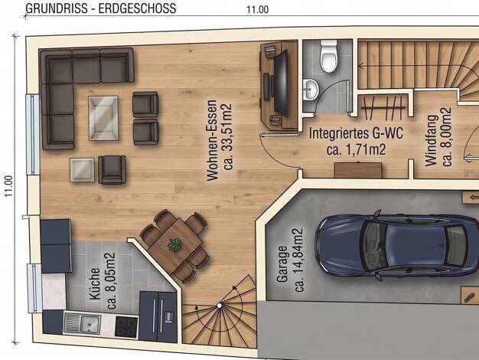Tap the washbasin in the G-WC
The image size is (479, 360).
(x=311, y=90)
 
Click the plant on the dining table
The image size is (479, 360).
(x=174, y=244)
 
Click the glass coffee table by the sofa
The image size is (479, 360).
(x=103, y=118)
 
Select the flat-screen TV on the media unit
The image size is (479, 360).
(x=281, y=83)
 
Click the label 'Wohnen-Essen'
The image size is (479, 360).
(x=212, y=140)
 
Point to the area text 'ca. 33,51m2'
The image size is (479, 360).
(x=228, y=136)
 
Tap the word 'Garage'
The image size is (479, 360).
(x=282, y=264)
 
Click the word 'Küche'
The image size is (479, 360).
(x=95, y=284)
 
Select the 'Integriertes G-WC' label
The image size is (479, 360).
(x=356, y=134)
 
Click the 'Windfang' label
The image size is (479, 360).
(x=431, y=140)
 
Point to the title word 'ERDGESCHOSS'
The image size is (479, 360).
(x=137, y=8)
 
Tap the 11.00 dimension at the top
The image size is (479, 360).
(x=258, y=9)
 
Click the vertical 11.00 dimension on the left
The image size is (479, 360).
(x=8, y=186)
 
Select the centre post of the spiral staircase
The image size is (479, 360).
(x=219, y=306)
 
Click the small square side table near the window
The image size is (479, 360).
(x=82, y=170)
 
